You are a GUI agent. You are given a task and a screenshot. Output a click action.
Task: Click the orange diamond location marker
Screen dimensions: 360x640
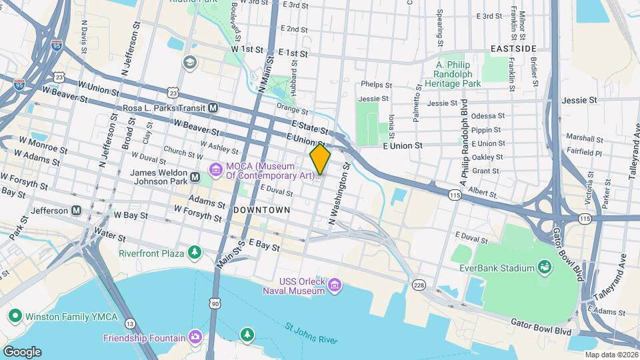tap(320, 159)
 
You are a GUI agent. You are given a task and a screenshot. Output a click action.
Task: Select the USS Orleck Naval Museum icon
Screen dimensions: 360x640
tap(335, 286)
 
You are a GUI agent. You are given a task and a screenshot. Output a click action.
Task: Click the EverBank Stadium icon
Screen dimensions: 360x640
tap(545, 268)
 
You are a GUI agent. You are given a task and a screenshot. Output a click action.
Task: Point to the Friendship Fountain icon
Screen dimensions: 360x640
tap(195, 337)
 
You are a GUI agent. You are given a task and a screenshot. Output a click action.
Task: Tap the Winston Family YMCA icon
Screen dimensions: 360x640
tap(13, 315)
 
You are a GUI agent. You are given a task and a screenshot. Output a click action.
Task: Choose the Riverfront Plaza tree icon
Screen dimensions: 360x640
tap(194, 253)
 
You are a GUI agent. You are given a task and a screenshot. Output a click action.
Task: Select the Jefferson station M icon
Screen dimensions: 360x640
tap(77, 211)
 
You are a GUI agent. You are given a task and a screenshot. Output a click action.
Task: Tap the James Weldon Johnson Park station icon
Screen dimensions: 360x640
tap(195, 177)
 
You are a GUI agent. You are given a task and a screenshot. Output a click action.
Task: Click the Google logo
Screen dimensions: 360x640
tap(22, 351)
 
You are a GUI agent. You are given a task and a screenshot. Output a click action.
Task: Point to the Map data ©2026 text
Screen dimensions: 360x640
tap(610, 355)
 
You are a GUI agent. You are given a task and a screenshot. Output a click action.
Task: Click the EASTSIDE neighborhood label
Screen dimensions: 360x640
tap(513, 49)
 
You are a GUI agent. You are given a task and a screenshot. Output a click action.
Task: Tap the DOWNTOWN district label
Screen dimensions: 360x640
tap(262, 210)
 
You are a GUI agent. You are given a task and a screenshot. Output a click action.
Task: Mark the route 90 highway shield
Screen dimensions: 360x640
tap(215, 303)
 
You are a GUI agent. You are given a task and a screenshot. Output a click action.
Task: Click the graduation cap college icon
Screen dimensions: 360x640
tap(189, 62)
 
